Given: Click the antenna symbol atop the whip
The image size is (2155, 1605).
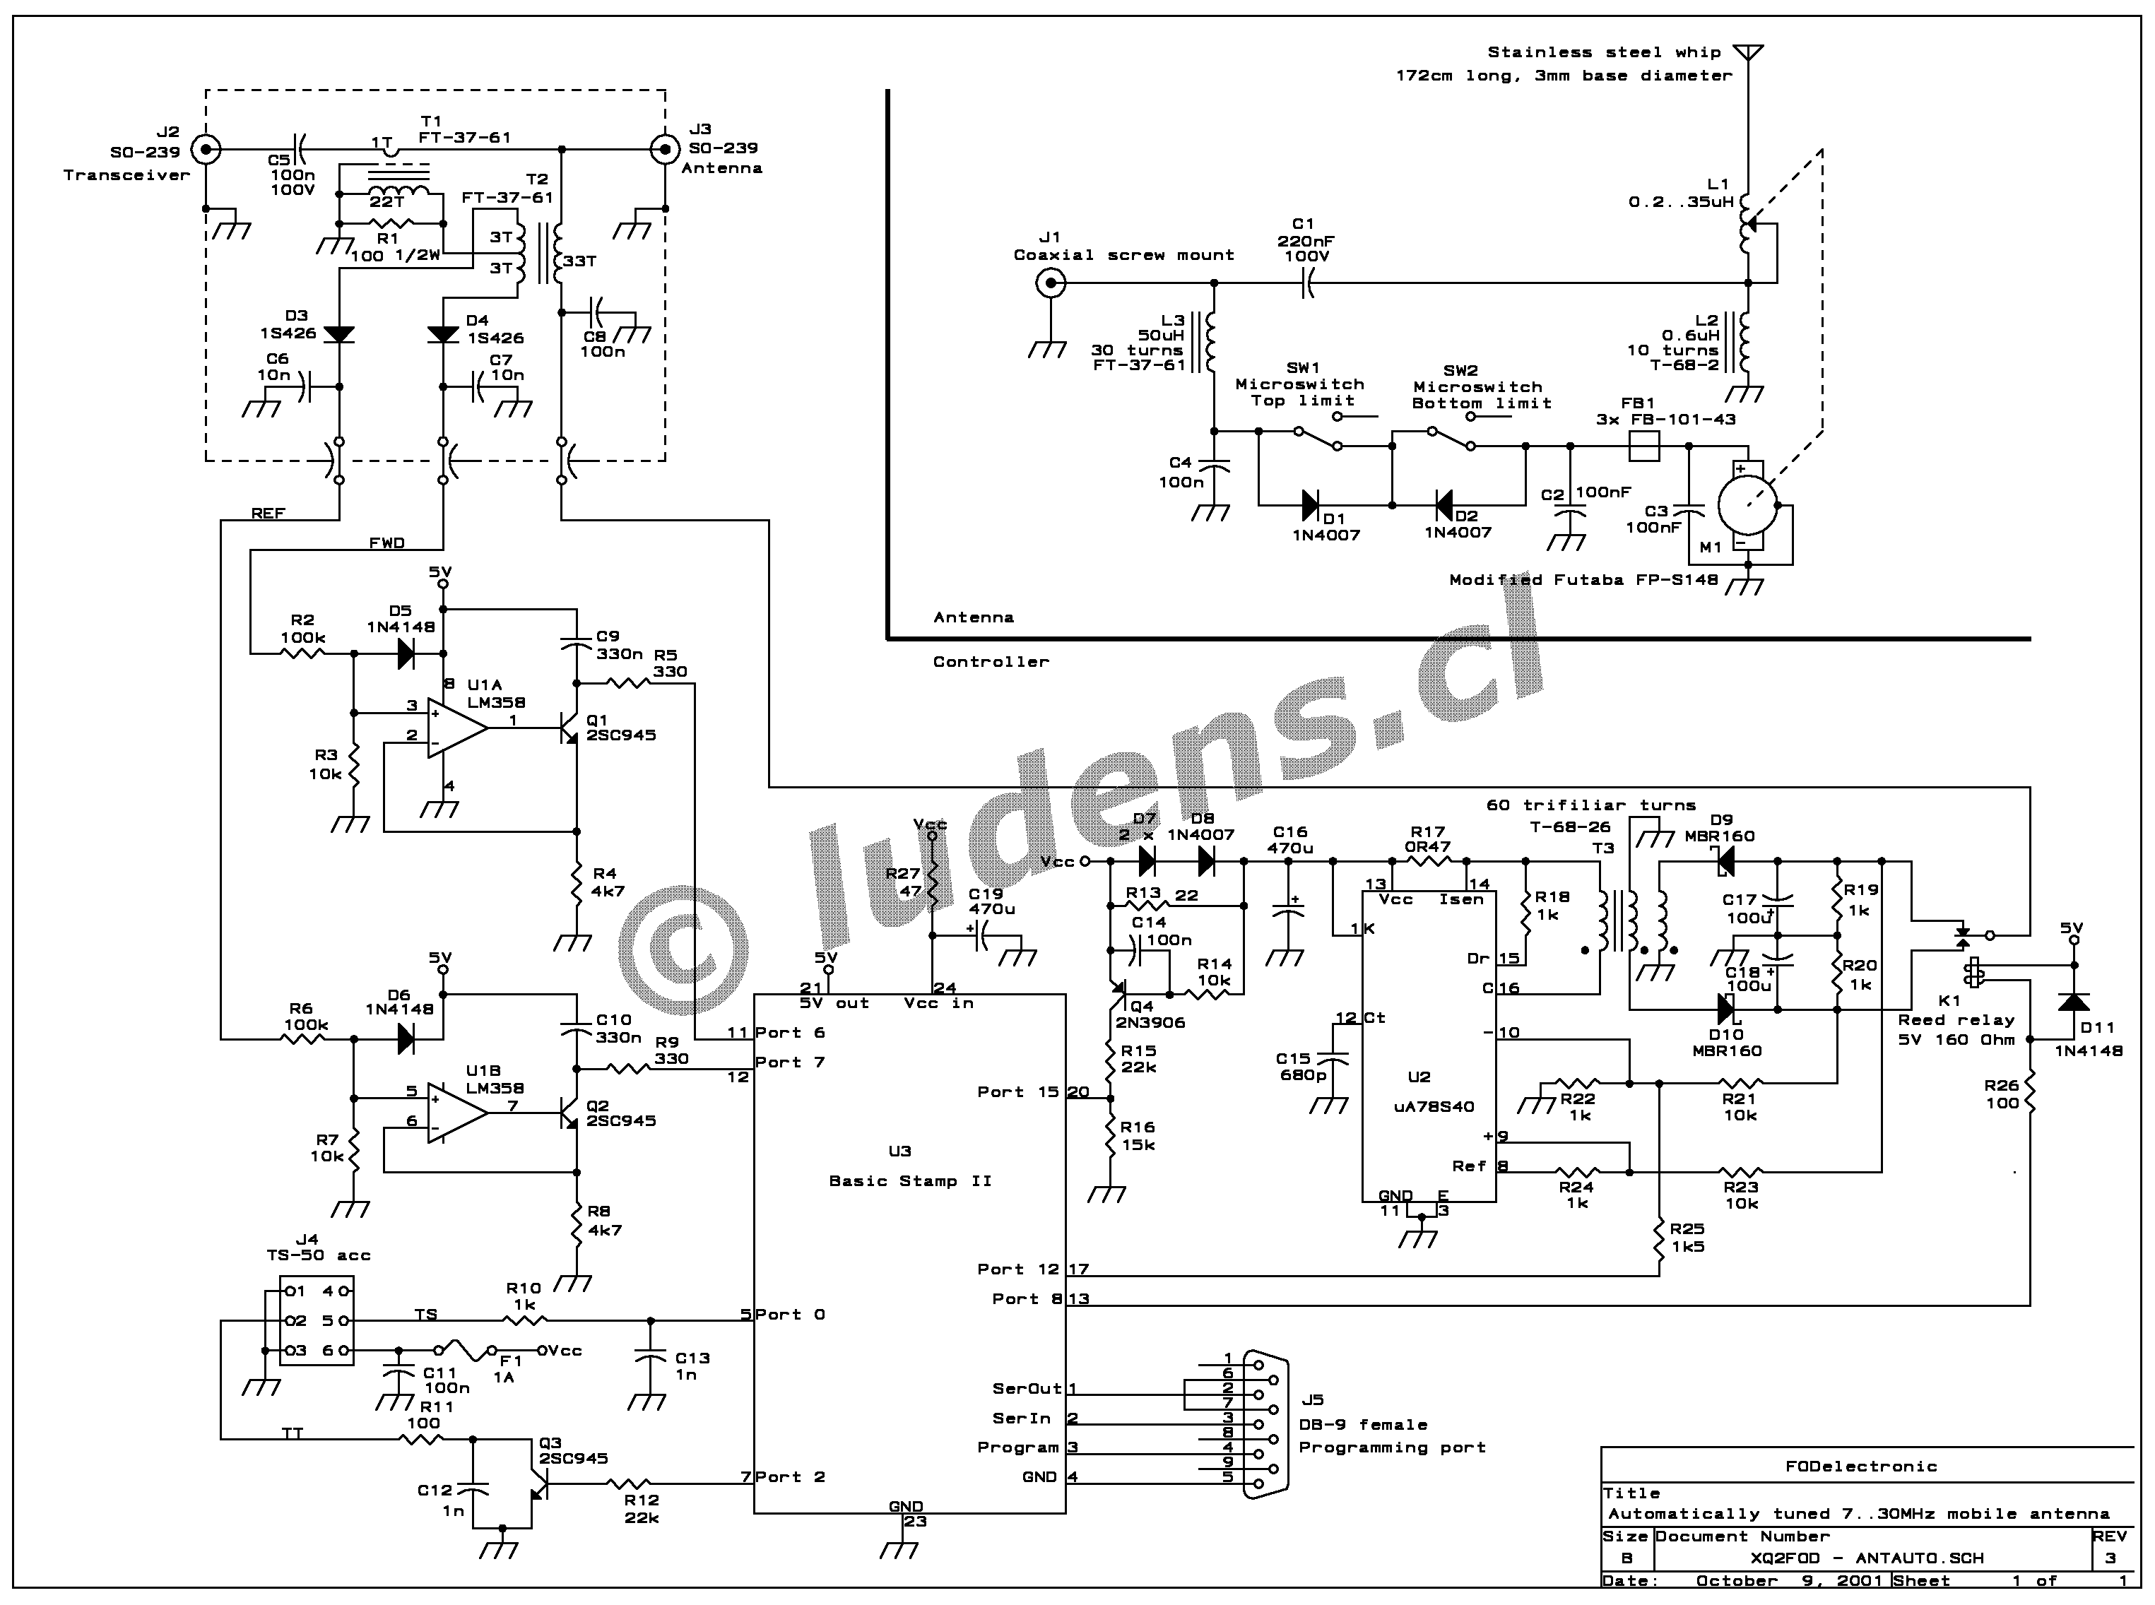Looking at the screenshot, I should point(1748,52).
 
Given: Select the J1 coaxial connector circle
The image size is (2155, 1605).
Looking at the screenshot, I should point(1050,284).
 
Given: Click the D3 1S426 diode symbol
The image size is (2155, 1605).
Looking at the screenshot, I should point(339,334).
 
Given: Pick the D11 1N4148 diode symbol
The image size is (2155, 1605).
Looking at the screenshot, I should point(2073,1002).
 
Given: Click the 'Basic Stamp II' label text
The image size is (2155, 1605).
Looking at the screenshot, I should point(909,1180).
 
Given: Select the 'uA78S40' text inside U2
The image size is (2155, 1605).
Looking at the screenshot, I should point(1433,1106).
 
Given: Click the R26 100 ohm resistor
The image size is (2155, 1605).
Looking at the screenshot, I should point(2031,1094).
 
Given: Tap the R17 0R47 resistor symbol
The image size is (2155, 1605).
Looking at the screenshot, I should point(1427,861).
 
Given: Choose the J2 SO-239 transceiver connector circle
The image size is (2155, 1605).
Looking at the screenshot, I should point(206,150).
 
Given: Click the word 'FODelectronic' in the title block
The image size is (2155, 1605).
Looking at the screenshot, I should point(1860,1466).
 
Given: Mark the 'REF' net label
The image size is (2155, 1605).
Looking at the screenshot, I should point(268,513).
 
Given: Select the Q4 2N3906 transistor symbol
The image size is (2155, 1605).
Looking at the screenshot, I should point(1114,993).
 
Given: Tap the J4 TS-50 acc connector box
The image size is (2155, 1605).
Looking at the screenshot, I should point(317,1320).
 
